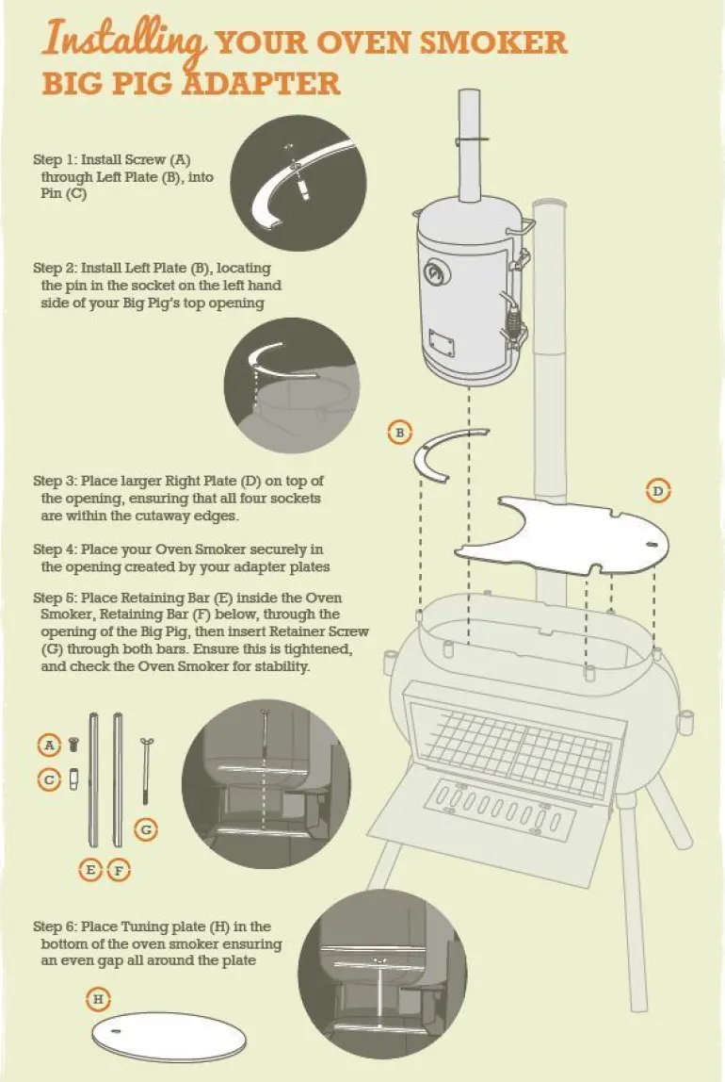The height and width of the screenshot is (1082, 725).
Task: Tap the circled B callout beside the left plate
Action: (x=400, y=433)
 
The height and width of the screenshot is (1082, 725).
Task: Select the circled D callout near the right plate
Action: (x=657, y=491)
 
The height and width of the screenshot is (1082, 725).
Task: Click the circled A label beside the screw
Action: (x=49, y=745)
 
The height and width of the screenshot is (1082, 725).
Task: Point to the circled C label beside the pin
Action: (x=49, y=779)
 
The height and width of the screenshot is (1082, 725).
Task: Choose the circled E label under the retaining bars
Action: (x=90, y=870)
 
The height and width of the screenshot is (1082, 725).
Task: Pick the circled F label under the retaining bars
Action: (x=119, y=870)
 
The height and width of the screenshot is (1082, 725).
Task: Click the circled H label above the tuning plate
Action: (x=98, y=998)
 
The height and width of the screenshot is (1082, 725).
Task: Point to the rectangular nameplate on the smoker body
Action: (x=443, y=341)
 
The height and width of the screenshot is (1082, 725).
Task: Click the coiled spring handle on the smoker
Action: (x=513, y=320)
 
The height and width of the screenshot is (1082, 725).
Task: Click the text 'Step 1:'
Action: (x=56, y=159)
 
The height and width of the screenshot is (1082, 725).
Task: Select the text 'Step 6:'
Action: (x=56, y=926)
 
